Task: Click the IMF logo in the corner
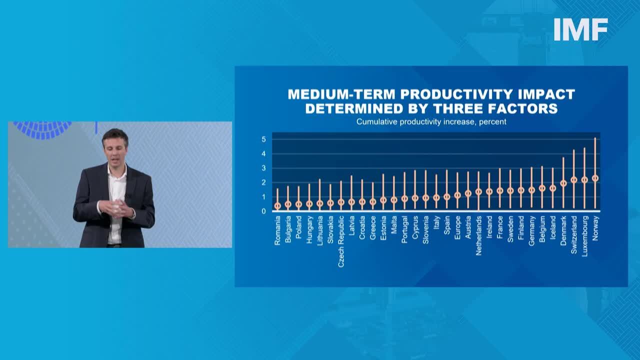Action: [580, 29]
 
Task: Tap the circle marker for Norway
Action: [595, 178]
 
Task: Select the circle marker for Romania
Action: [277, 205]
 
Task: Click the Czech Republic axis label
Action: [341, 241]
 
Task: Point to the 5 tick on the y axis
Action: [263, 139]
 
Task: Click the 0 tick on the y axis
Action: [263, 211]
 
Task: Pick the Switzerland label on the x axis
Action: [574, 235]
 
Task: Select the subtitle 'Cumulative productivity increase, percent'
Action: [431, 121]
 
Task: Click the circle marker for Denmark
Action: [563, 183]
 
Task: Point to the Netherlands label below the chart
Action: [478, 235]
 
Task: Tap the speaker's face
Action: [115, 147]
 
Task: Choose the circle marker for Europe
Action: [457, 195]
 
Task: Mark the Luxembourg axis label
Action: [584, 236]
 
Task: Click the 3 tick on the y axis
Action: [263, 168]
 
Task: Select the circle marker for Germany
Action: [531, 190]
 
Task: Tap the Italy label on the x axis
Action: [436, 222]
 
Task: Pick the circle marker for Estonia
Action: [383, 200]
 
